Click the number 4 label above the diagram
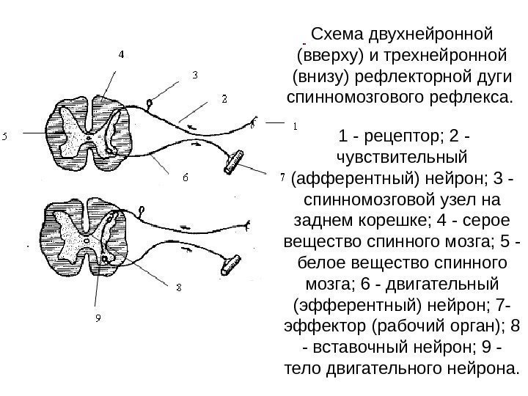tap(122, 54)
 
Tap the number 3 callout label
tap(195, 76)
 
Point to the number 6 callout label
tap(185, 177)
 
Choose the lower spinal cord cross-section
tap(87, 236)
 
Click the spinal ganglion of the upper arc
tap(151, 101)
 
